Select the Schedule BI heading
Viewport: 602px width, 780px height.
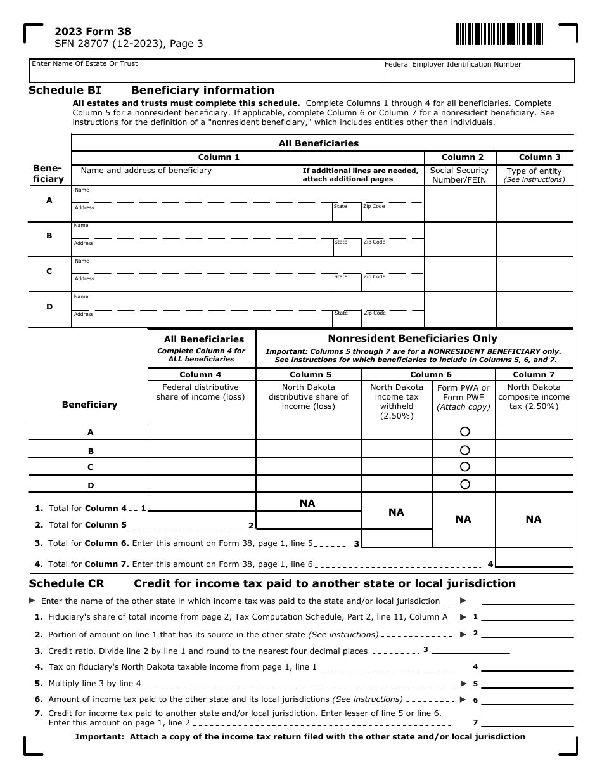tap(65, 90)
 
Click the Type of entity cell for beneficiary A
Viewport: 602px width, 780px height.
tap(534, 204)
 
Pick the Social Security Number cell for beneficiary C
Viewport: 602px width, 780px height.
tap(459, 274)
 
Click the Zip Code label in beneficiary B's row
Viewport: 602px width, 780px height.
tap(374, 242)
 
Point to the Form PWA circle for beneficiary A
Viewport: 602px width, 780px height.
tap(464, 432)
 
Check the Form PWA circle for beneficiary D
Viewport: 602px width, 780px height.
tap(464, 484)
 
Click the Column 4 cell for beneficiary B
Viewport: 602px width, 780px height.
tap(202, 450)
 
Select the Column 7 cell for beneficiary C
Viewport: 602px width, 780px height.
tap(534, 467)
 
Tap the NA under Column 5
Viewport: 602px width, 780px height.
tap(307, 503)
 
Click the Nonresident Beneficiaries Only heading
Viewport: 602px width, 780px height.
tap(413, 339)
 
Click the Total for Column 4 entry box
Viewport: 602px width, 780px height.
tap(202, 503)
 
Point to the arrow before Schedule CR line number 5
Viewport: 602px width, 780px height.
tap(463, 684)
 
